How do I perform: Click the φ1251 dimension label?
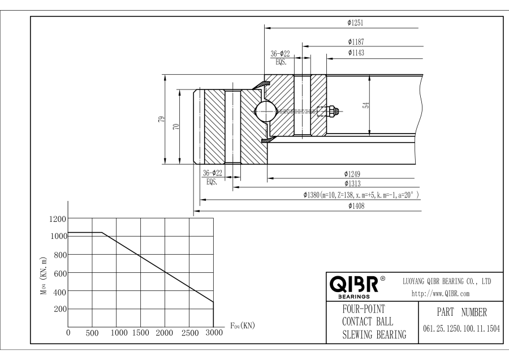[355, 23]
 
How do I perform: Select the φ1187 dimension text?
[356, 42]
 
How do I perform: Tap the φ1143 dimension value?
[356, 52]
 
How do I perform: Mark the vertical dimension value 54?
[366, 105]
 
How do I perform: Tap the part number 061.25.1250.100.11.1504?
[461, 329]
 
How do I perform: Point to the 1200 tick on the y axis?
[58, 218]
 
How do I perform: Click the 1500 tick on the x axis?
[140, 333]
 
